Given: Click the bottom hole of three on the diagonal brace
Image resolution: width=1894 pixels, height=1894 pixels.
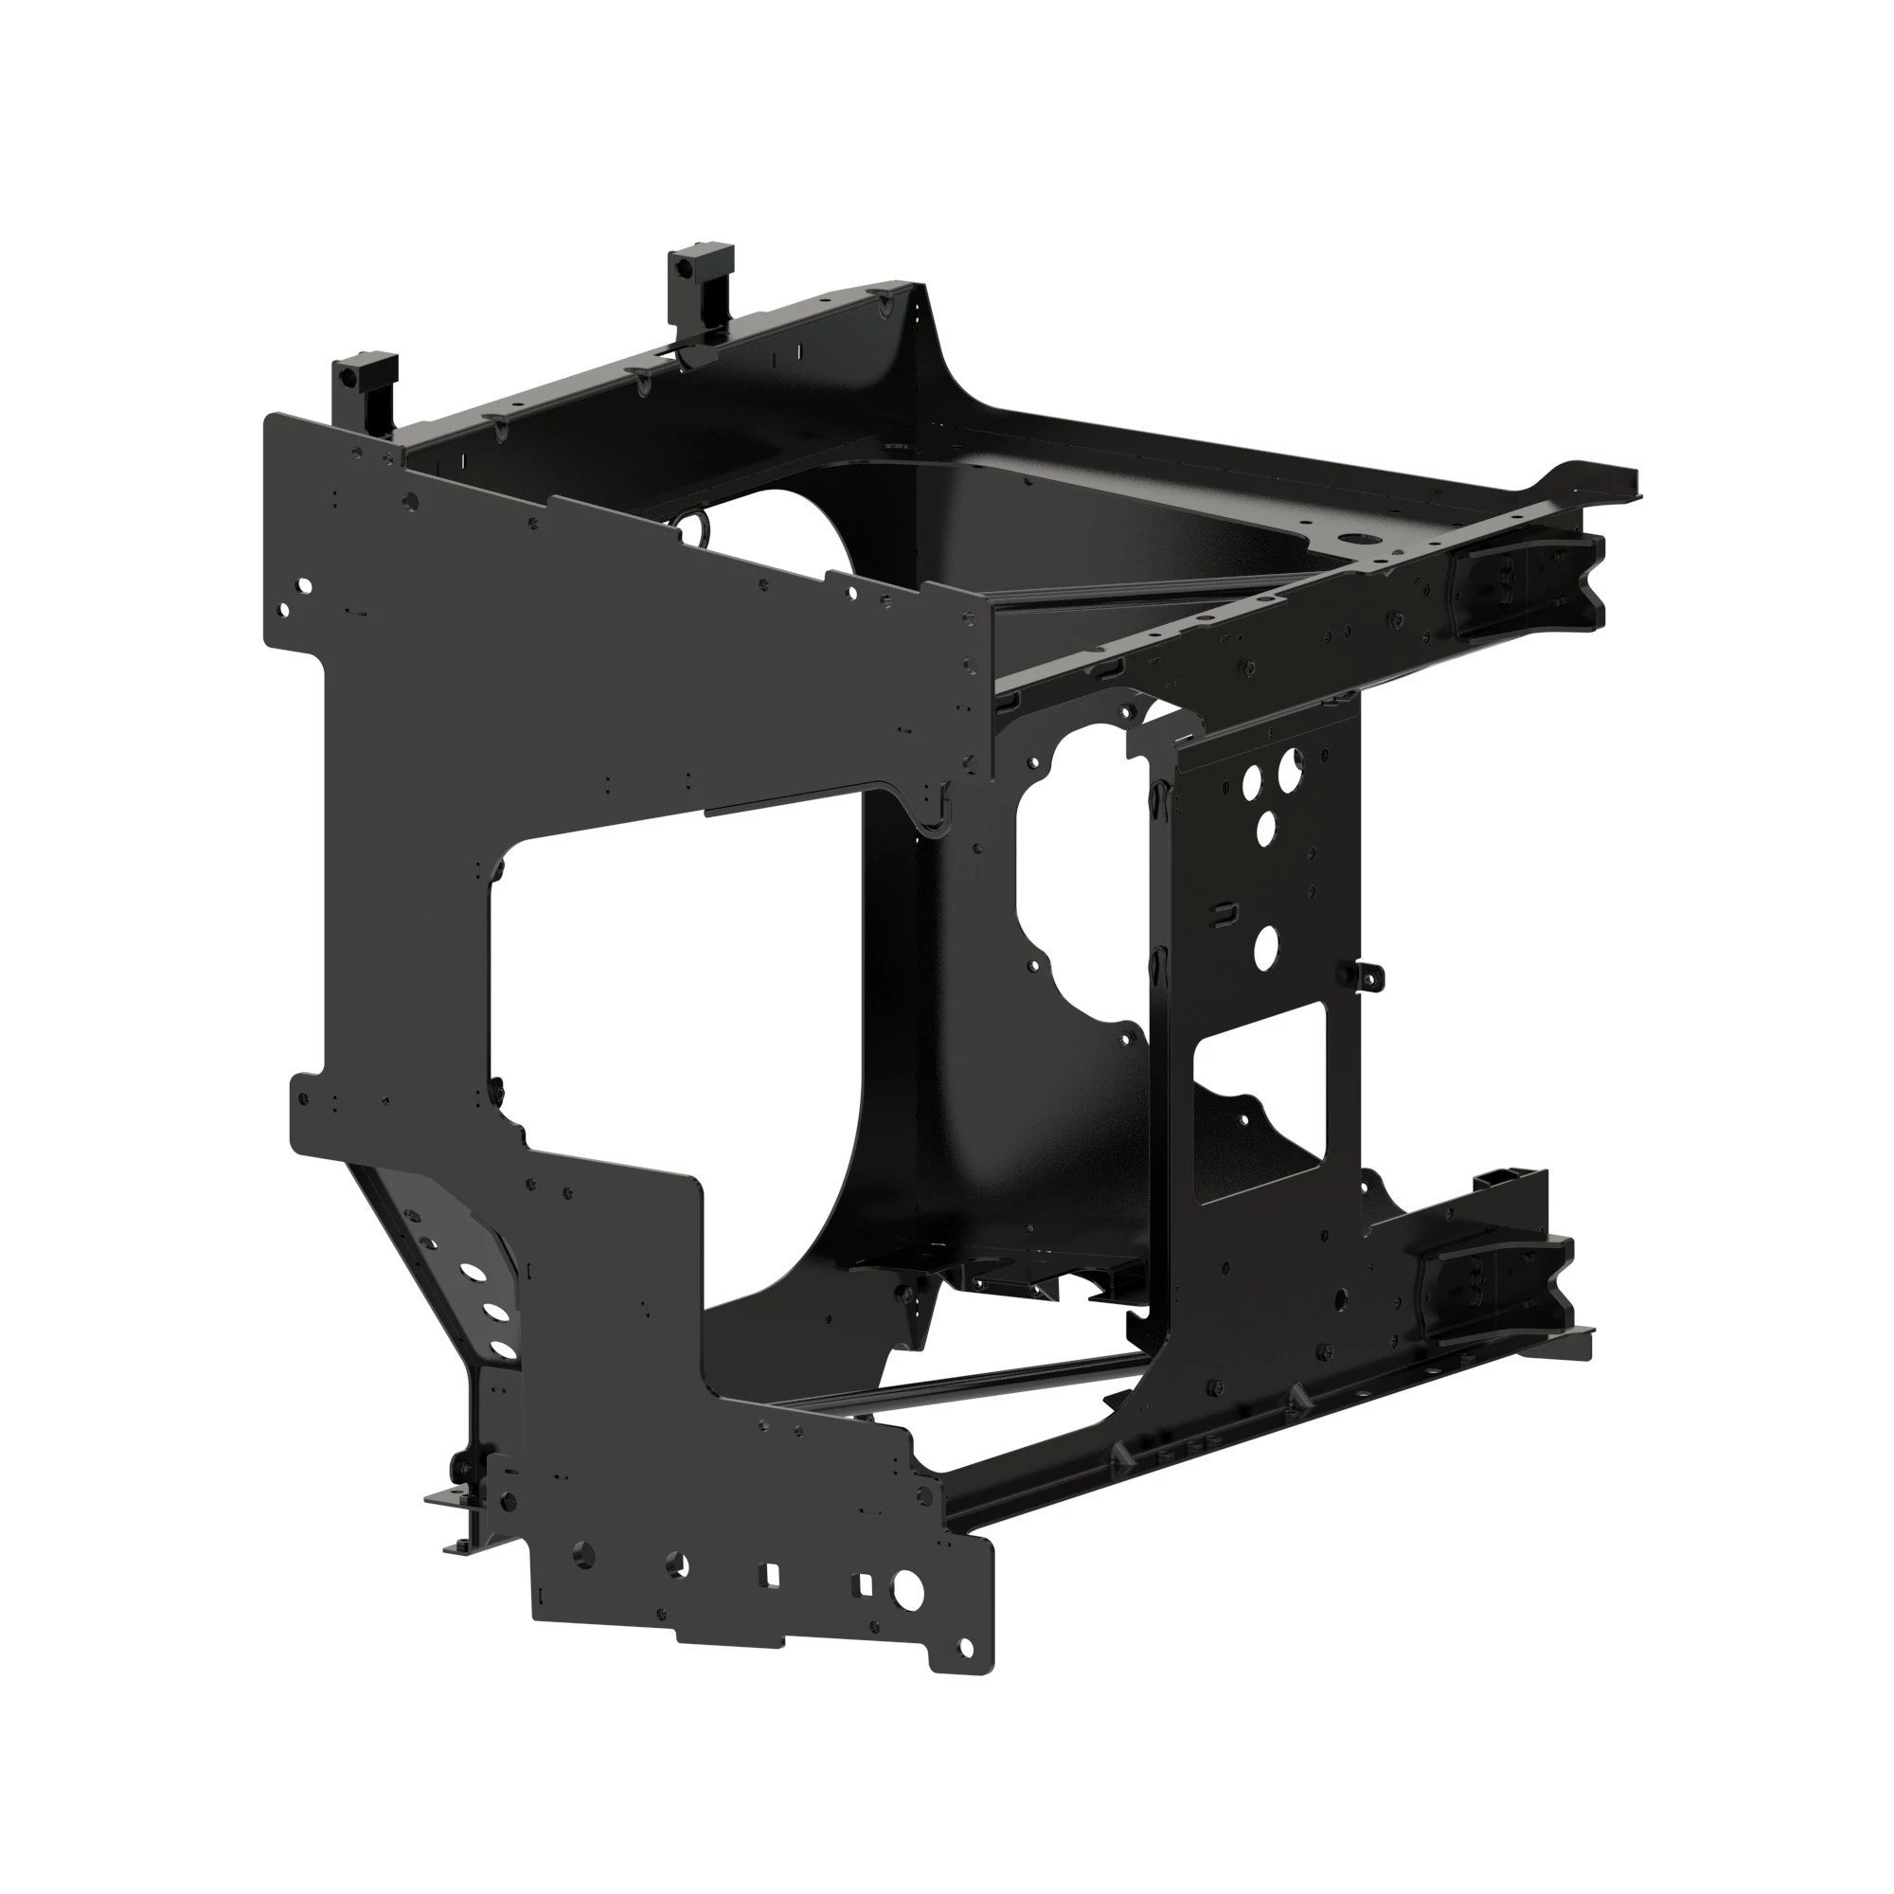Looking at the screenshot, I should click(502, 1351).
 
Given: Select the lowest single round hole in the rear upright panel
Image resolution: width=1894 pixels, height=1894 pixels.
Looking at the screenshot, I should click(1266, 943).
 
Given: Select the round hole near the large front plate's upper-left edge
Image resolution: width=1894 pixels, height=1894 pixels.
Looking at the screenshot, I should click(304, 586).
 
